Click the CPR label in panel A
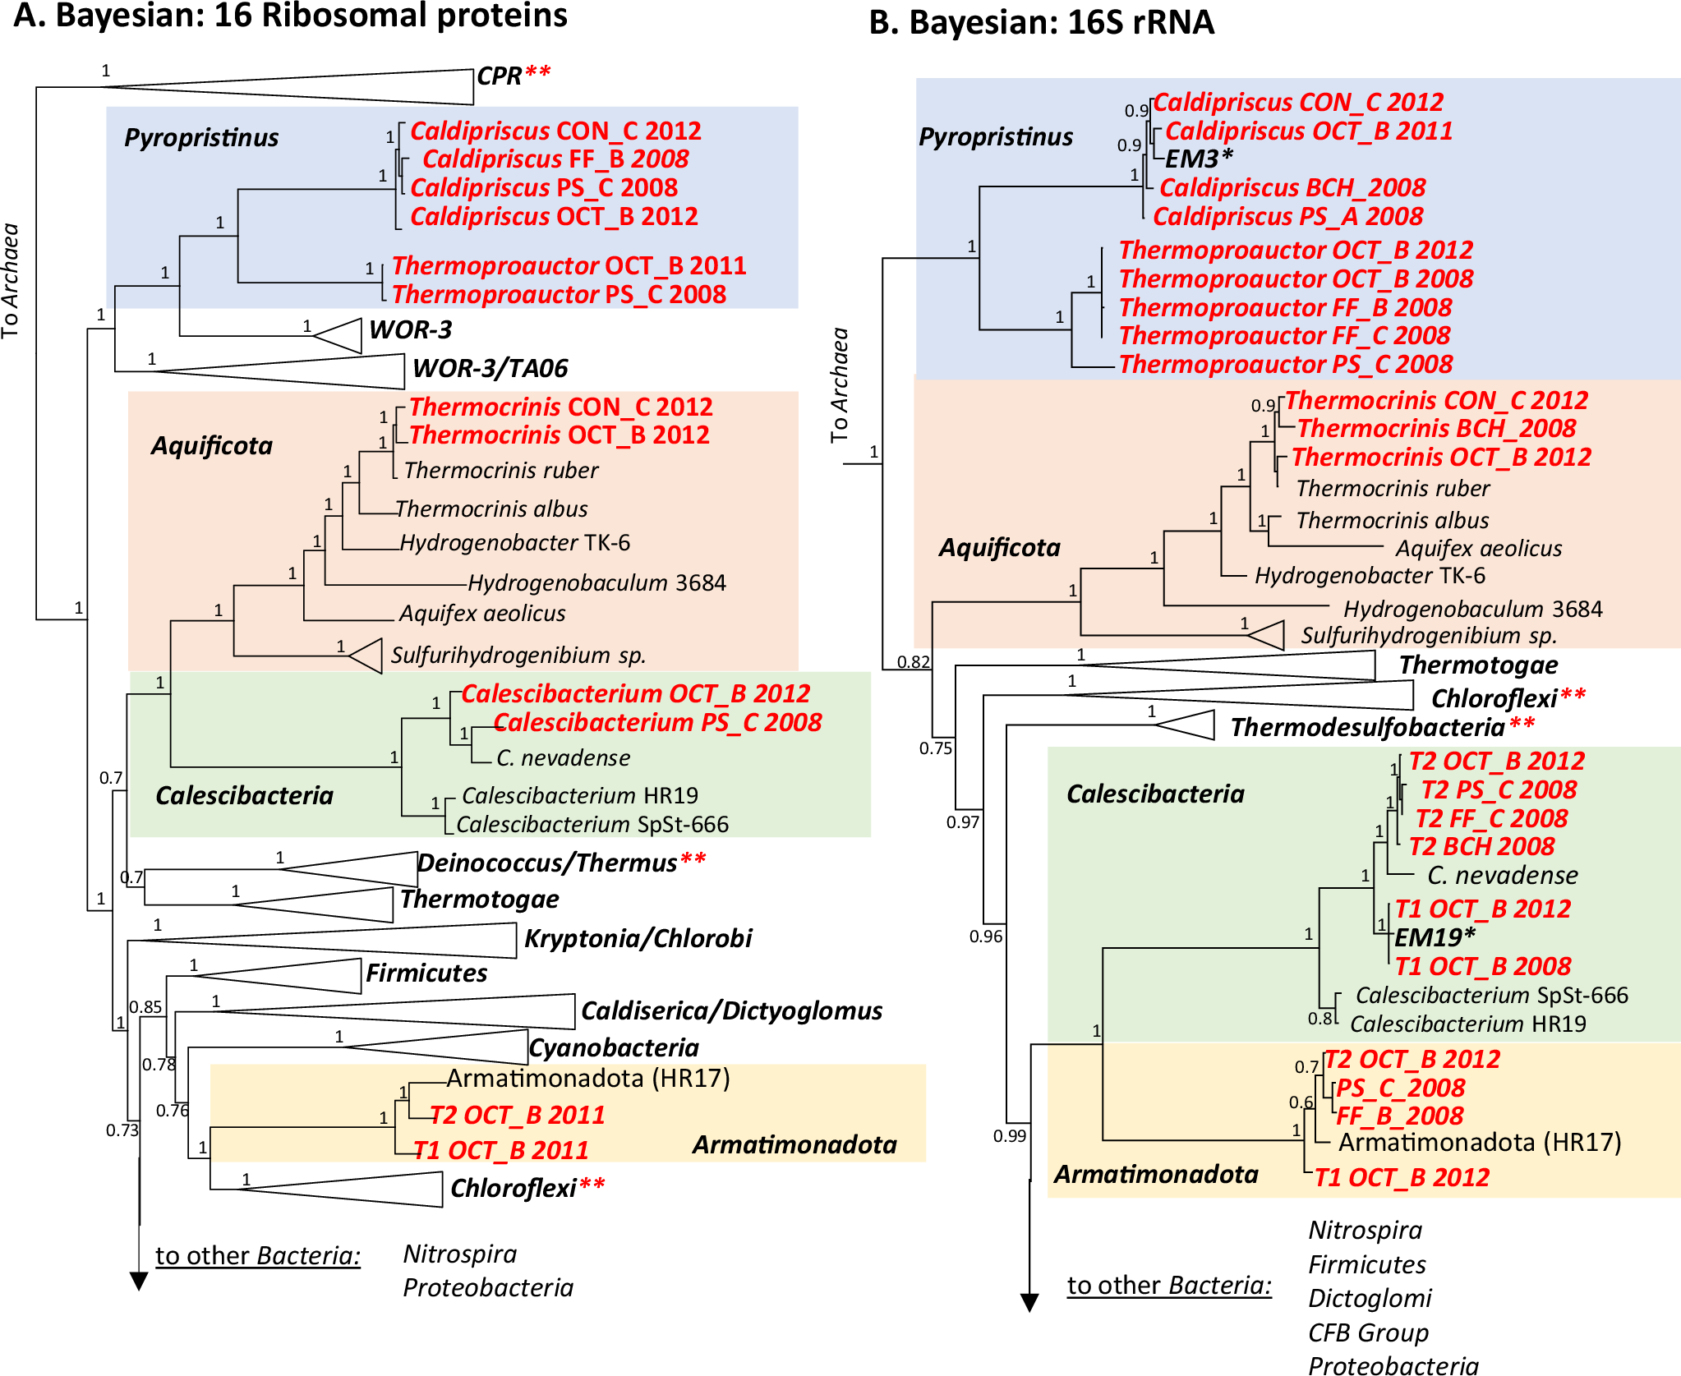[x=499, y=76]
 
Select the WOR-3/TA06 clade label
[x=490, y=368]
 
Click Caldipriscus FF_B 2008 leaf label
[x=555, y=159]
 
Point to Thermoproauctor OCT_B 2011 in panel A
[x=569, y=265]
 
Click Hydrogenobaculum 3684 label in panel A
[x=596, y=582]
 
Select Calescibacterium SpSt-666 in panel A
[x=592, y=824]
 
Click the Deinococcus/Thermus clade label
[x=547, y=863]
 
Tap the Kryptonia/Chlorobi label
[x=638, y=938]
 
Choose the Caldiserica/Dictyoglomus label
[x=731, y=1010]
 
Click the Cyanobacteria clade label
[x=614, y=1047]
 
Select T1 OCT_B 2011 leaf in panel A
[x=500, y=1150]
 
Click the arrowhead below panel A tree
[x=139, y=1281]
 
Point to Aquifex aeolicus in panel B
[x=1479, y=548]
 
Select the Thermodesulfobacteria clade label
[x=1367, y=727]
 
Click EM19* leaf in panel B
[x=1435, y=937]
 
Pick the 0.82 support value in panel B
[x=913, y=661]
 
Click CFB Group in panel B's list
[x=1368, y=1332]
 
